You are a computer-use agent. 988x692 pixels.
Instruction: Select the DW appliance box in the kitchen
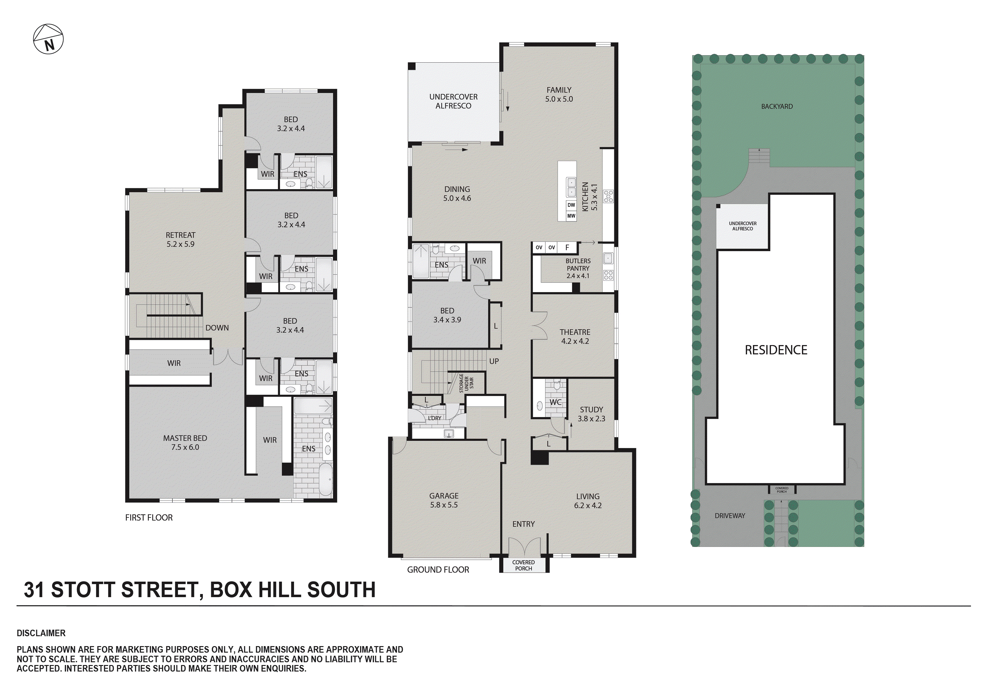pos(571,205)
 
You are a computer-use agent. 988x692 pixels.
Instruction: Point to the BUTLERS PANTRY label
pos(578,268)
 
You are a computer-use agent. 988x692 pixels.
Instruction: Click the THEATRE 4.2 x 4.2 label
pos(575,336)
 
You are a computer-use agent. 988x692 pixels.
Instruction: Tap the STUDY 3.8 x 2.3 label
pos(591,414)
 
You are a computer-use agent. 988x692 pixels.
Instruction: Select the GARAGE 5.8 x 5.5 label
pos(444,500)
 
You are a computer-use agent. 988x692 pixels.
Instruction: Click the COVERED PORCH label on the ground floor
pos(523,565)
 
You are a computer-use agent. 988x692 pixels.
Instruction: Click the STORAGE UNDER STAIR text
pos(466,383)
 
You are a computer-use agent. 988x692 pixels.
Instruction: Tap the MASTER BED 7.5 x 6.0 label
pos(185,442)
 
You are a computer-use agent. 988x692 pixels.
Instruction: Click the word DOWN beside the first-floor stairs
pos(217,327)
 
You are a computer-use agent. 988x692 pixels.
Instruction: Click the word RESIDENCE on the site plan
pos(776,350)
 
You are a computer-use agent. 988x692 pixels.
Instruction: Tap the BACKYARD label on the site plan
pos(777,106)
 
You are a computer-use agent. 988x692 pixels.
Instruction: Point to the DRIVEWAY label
pos(730,516)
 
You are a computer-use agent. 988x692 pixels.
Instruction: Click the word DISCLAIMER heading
pos(41,633)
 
